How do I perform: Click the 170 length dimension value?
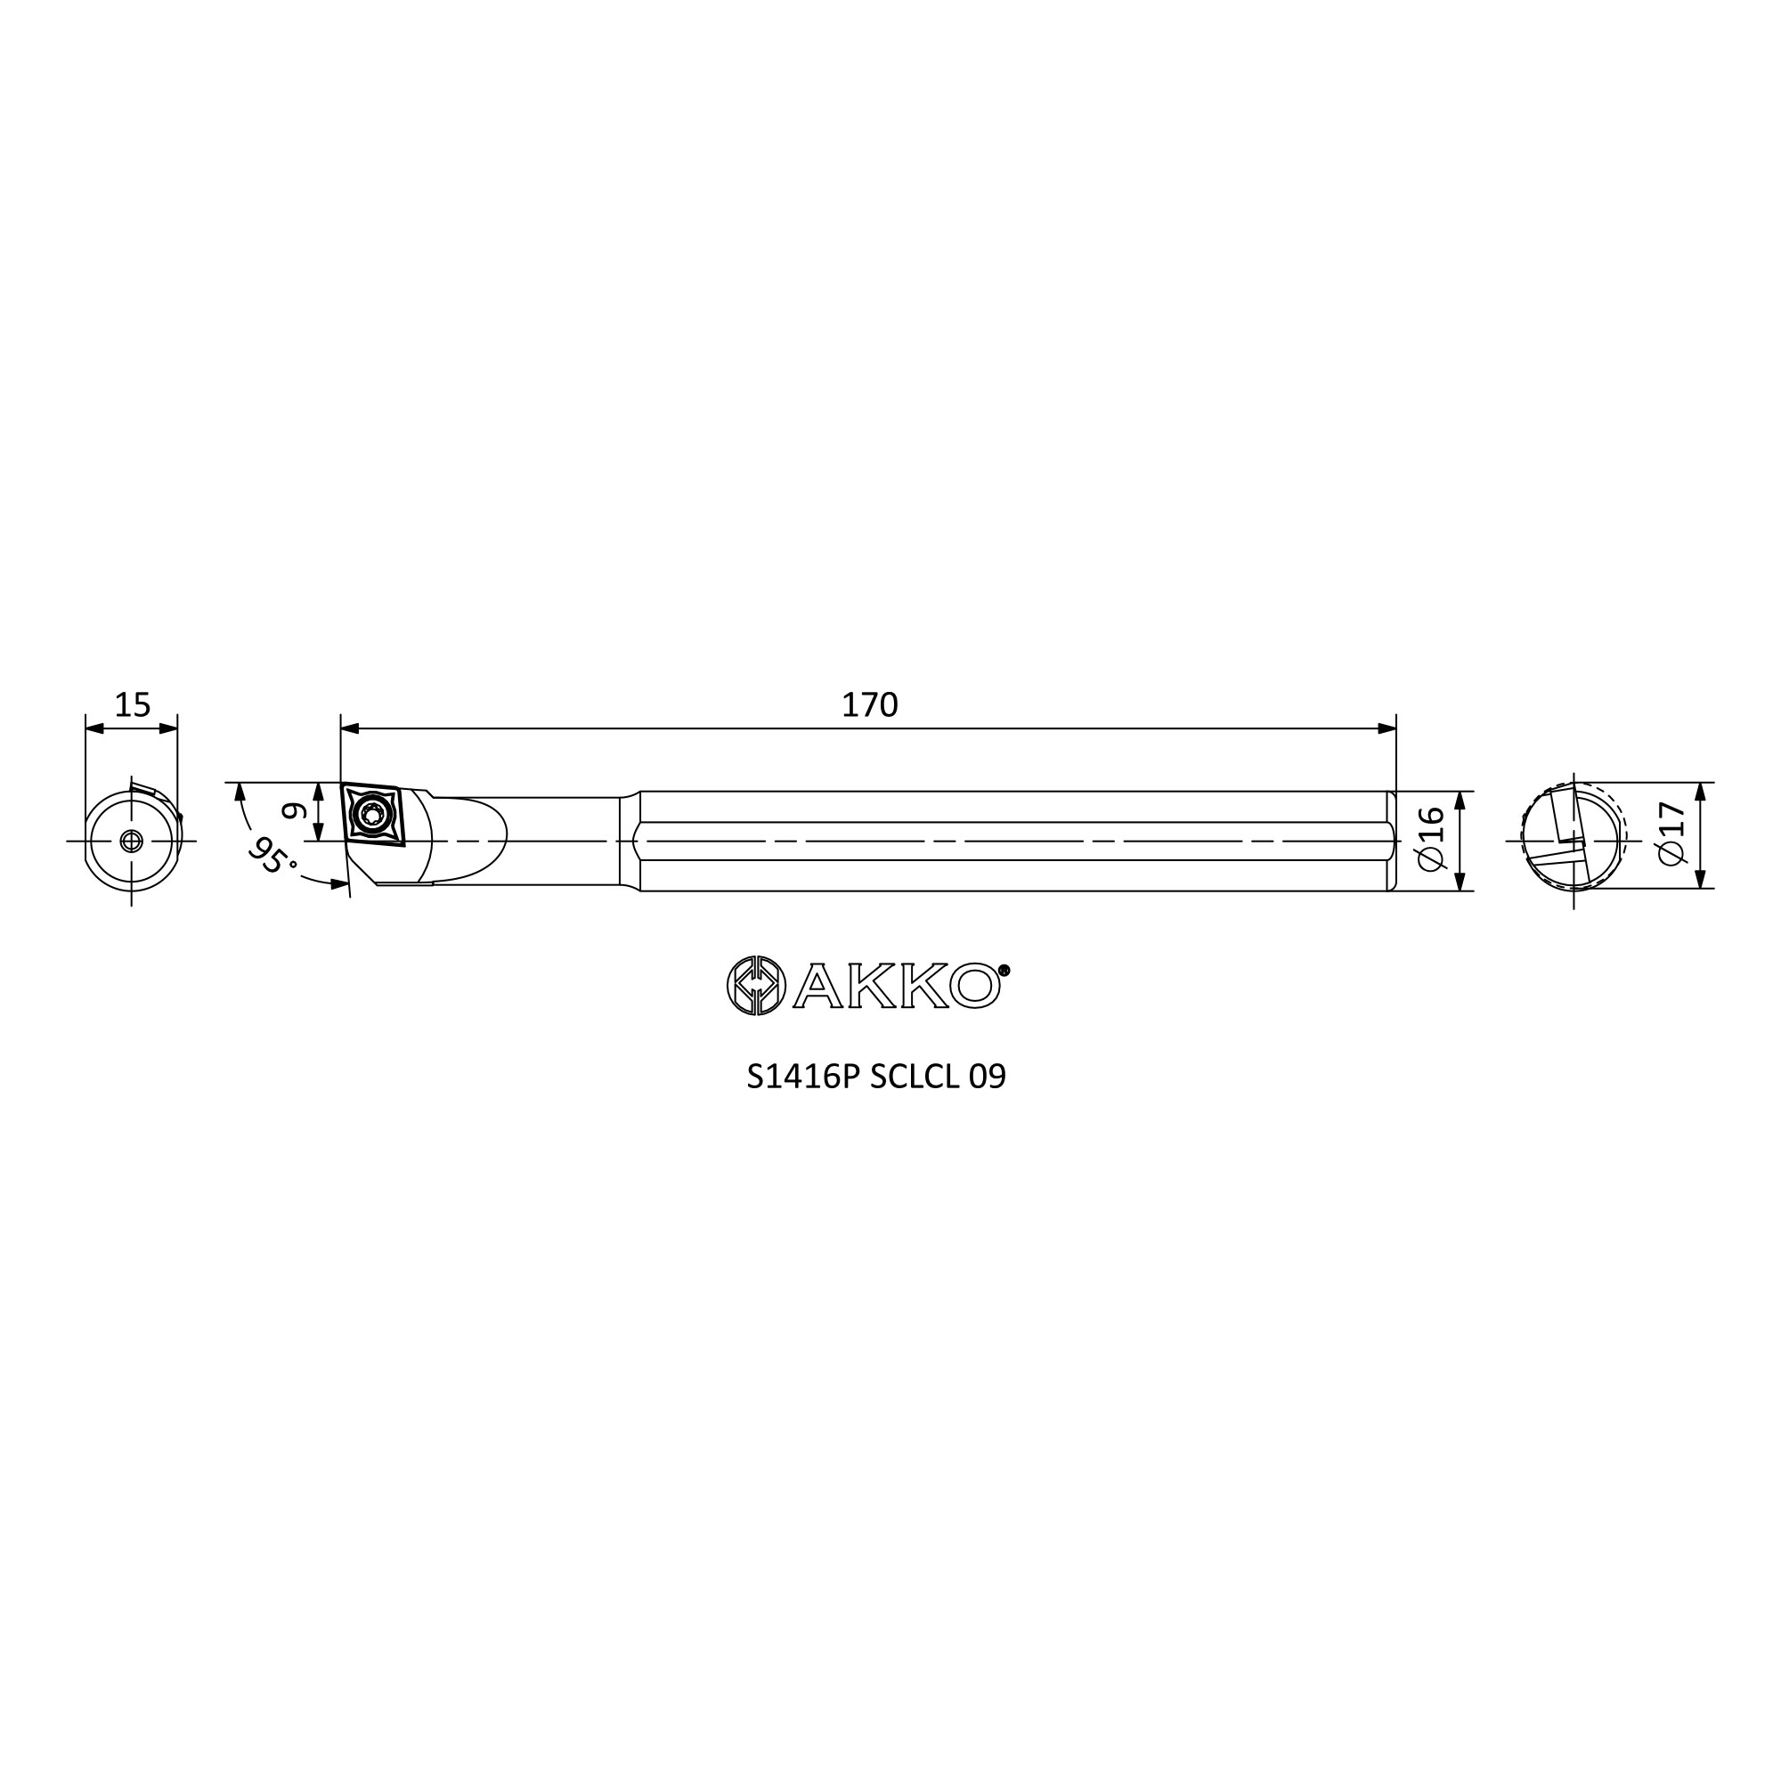869,705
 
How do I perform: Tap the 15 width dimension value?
132,705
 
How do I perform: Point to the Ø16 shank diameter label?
1431,838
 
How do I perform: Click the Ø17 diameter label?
1671,834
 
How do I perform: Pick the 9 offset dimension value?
292,811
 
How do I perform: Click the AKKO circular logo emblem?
756,986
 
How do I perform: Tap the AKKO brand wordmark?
896,987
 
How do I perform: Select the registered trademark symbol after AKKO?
1004,970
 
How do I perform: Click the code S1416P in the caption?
803,1077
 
